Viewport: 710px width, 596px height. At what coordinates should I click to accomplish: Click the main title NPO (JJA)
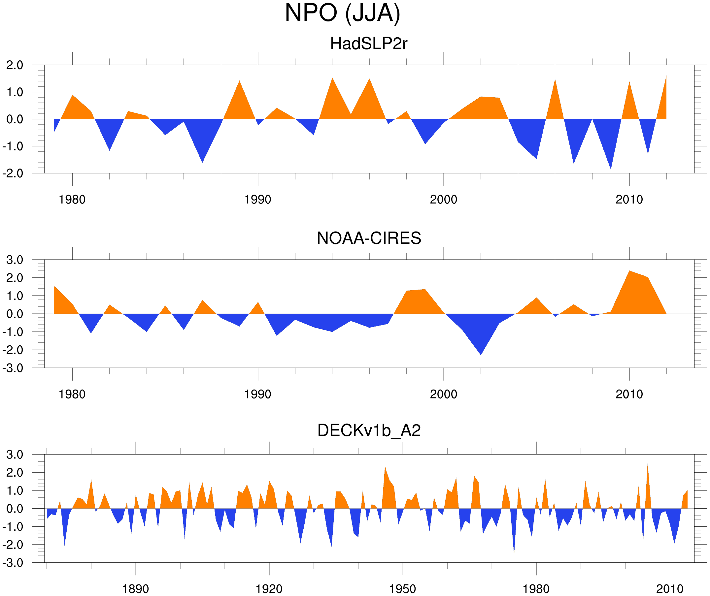point(342,13)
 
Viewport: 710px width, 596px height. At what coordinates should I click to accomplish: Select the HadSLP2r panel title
point(368,44)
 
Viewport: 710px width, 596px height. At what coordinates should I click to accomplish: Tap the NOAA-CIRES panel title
point(368,238)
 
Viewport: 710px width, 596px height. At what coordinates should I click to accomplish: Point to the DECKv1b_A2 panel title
point(368,430)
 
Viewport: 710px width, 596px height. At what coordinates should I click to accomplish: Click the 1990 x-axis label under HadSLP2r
point(258,200)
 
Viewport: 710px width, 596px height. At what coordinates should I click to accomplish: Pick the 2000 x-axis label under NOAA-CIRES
point(443,394)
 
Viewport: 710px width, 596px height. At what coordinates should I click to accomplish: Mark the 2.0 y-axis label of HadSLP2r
point(15,65)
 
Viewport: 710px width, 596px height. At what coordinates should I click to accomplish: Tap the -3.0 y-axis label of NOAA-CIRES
point(13,368)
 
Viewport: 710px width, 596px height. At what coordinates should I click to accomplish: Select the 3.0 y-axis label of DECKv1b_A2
point(15,455)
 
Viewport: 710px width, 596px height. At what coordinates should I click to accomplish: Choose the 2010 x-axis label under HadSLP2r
point(629,200)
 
